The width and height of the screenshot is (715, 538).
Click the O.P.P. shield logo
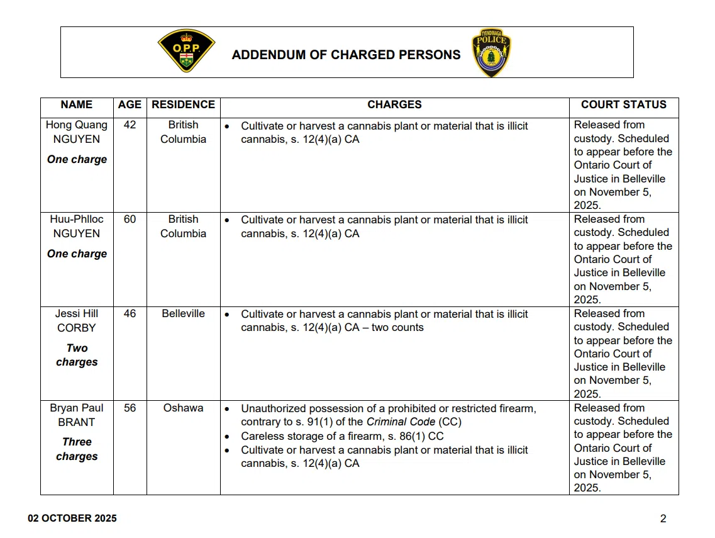(x=186, y=51)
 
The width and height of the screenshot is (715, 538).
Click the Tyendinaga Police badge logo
(x=491, y=52)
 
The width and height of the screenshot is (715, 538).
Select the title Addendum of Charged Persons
(x=346, y=55)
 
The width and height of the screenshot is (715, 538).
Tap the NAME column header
(x=77, y=105)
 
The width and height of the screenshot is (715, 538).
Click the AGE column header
(x=130, y=105)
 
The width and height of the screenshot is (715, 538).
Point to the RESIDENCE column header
(x=183, y=105)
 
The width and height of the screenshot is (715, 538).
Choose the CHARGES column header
(x=394, y=105)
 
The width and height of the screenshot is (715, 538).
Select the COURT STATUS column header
(x=623, y=105)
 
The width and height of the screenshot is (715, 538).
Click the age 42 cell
(x=130, y=125)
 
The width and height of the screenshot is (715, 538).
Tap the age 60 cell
(x=130, y=220)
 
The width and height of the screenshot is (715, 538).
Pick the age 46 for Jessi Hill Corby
(x=130, y=314)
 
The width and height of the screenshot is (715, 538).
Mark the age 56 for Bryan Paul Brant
(x=130, y=408)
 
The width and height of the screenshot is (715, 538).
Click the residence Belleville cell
(x=183, y=314)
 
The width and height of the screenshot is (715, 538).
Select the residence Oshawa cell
(x=183, y=408)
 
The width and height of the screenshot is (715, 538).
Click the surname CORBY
(x=77, y=328)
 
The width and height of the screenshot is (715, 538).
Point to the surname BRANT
(x=77, y=422)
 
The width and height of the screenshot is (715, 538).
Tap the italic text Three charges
(x=77, y=449)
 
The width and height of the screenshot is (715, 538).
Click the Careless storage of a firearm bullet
(x=342, y=437)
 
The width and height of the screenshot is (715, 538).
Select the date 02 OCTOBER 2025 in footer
(x=72, y=519)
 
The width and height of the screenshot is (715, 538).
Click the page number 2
(x=663, y=519)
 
